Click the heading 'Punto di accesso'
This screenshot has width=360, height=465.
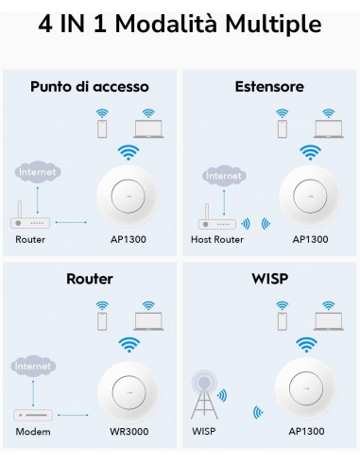[x=90, y=87]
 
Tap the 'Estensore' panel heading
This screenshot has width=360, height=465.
[x=269, y=87]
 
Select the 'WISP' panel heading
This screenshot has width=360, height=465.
[x=269, y=279]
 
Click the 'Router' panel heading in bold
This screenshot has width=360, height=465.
[x=90, y=279]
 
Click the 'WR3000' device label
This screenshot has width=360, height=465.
[x=128, y=432]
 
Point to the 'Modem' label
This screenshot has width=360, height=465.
[x=33, y=432]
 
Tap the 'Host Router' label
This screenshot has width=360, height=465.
[x=217, y=239]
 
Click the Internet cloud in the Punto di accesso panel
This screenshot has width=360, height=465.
[x=38, y=173]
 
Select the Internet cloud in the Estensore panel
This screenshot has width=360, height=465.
[x=223, y=176]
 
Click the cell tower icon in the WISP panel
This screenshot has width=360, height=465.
[x=205, y=396]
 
